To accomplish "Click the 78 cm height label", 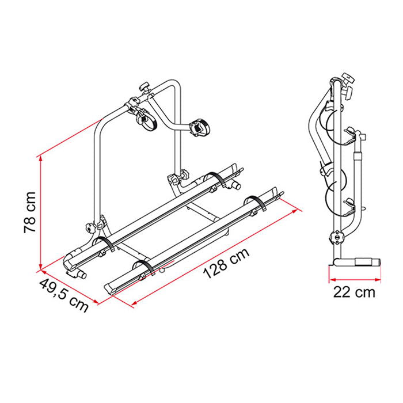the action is coord(30,212).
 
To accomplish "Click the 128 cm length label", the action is coord(226,263).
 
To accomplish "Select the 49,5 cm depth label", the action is coord(64,295).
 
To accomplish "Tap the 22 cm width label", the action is coord(354,292).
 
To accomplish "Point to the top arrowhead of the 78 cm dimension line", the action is coord(40,158).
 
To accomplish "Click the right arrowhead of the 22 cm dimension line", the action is coord(378,279).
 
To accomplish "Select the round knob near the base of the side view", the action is coord(336,237).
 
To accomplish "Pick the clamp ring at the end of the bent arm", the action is coord(201,127).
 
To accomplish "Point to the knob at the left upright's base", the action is coord(90,228).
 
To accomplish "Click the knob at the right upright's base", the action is coord(184,175).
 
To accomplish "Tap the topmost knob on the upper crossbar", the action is coord(144,86).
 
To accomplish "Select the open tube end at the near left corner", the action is coord(81,275).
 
